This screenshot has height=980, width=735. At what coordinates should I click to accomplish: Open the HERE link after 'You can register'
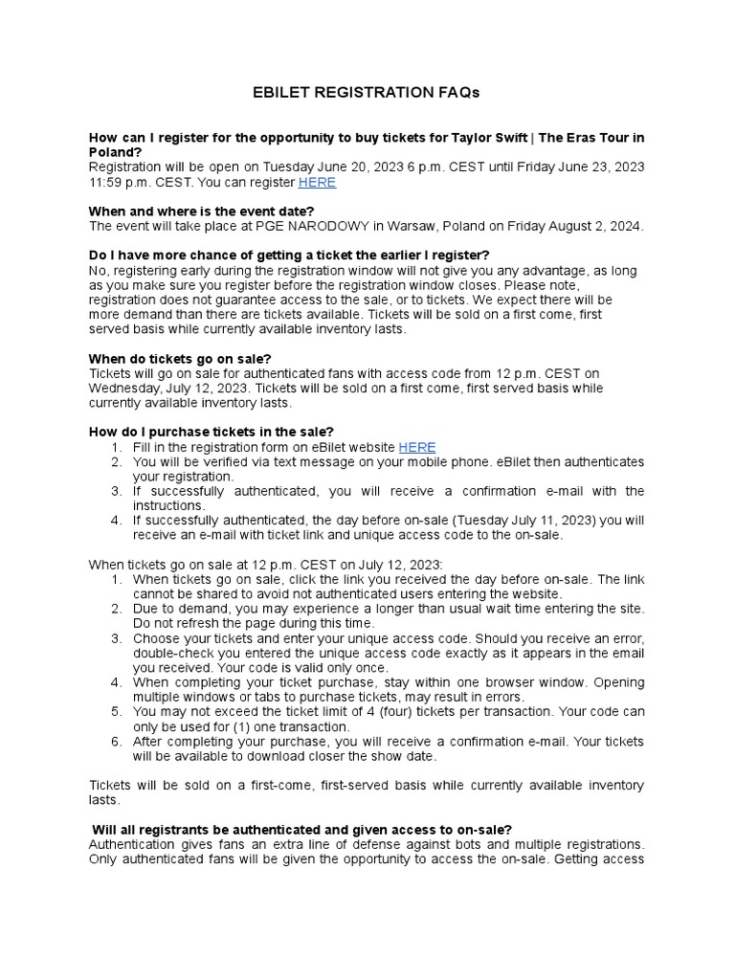tap(317, 182)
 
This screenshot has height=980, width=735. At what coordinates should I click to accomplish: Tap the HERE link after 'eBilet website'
tap(416, 447)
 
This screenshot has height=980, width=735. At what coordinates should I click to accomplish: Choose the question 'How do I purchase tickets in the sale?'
tap(212, 432)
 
